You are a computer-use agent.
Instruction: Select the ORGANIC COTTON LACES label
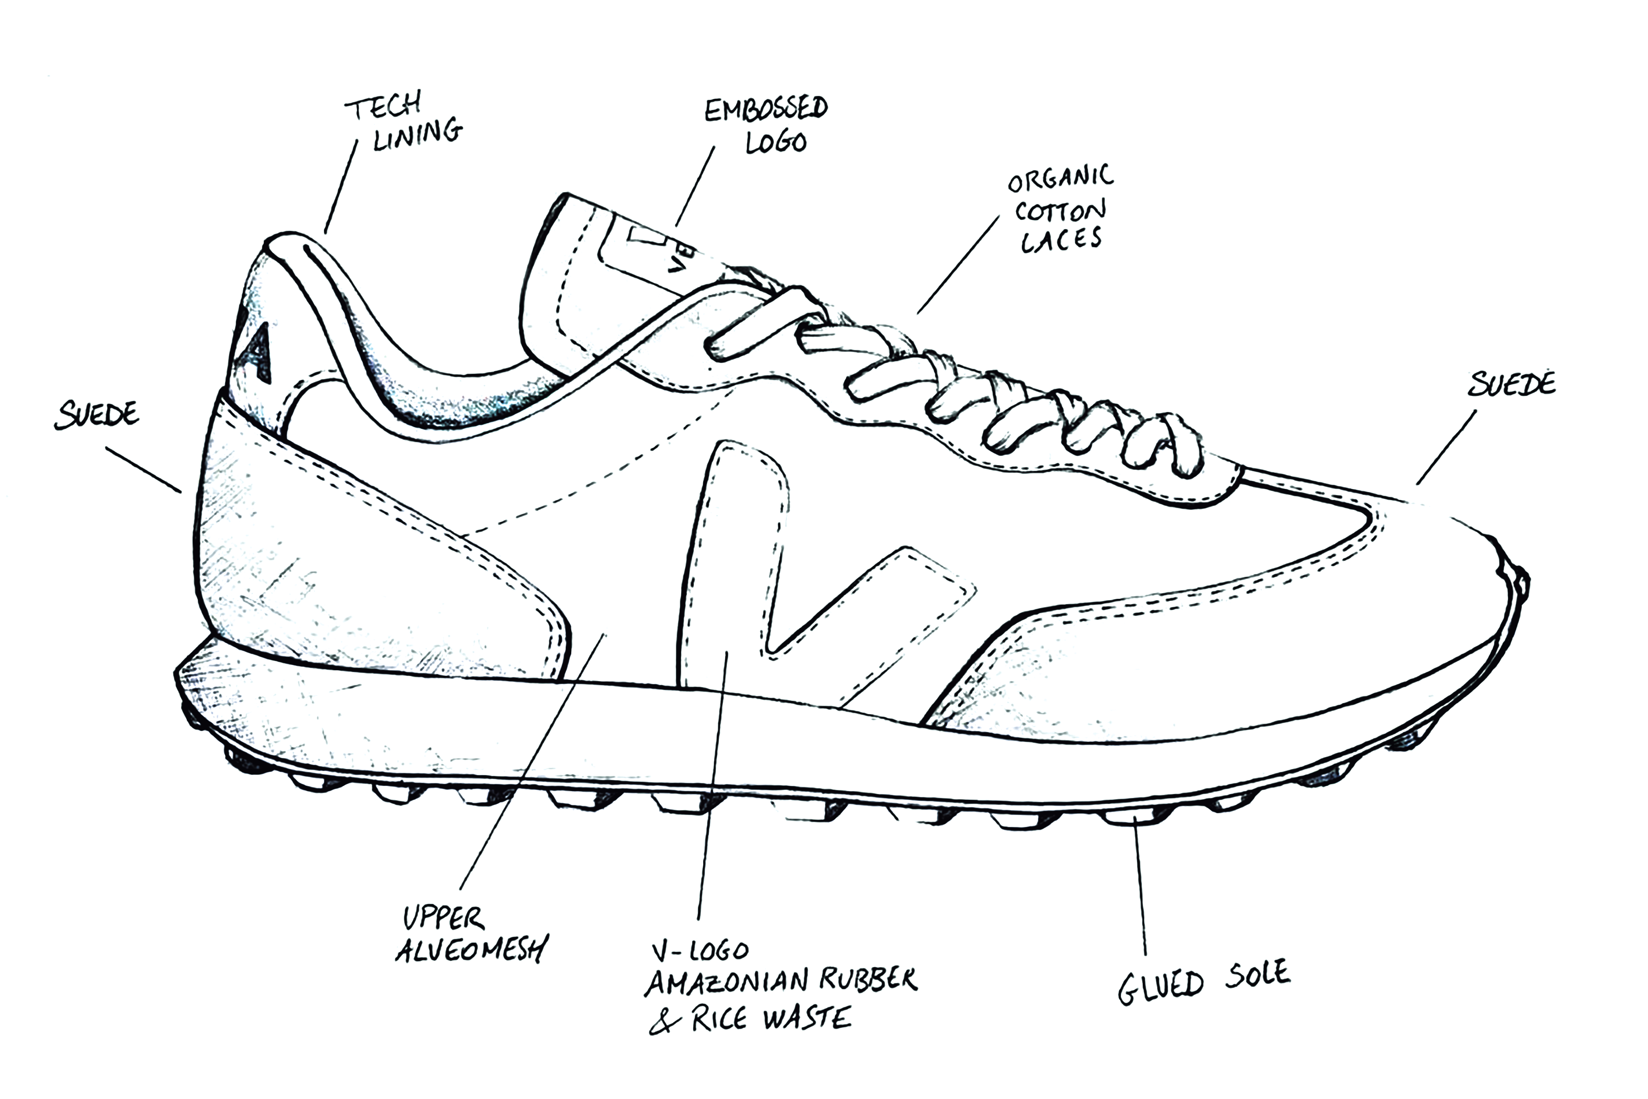click(1060, 209)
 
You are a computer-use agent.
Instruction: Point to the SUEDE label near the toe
click(1511, 384)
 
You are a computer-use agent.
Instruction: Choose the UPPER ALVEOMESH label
click(471, 934)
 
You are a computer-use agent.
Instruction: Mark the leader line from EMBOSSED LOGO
click(695, 186)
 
